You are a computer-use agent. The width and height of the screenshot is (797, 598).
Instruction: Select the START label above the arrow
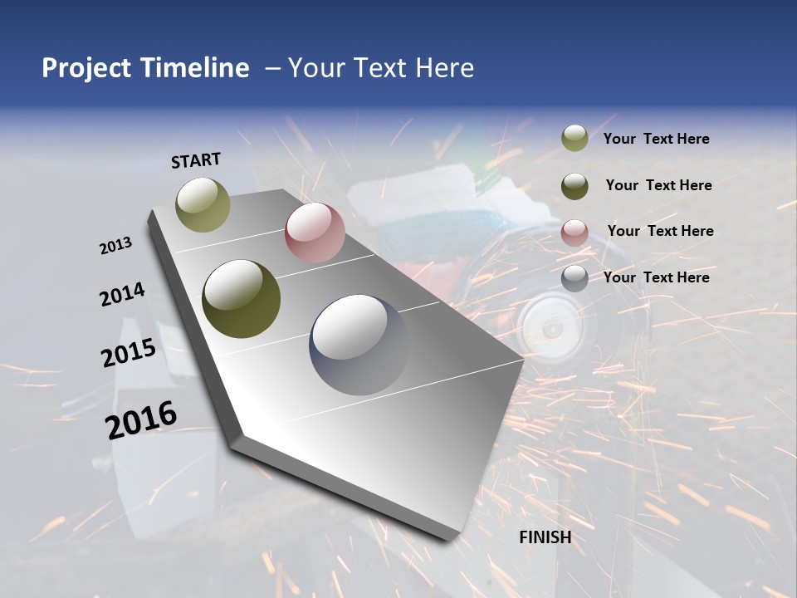[x=196, y=160]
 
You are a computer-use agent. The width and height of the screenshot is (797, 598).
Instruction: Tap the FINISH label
[x=545, y=537]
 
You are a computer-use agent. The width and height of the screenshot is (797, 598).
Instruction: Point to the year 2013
[x=115, y=246]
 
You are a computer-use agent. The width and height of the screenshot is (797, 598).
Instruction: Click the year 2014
[x=122, y=295]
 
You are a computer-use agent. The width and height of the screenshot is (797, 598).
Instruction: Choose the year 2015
[x=129, y=353]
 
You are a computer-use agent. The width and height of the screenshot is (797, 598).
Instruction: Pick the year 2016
[x=141, y=419]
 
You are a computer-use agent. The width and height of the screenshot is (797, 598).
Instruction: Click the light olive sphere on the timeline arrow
[x=203, y=204]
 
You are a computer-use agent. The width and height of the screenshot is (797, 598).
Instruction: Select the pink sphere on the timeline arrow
[x=315, y=233]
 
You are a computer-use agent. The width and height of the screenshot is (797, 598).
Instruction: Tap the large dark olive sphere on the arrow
[x=242, y=299]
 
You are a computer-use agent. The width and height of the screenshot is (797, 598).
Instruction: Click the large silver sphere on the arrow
[x=359, y=344]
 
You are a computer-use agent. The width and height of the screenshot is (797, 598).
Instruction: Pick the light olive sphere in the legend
[x=575, y=139]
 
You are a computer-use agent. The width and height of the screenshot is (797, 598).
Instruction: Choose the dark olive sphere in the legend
[x=575, y=185]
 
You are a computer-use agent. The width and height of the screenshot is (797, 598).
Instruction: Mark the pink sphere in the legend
[x=575, y=232]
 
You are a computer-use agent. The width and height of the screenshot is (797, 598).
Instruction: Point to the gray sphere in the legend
[x=575, y=278]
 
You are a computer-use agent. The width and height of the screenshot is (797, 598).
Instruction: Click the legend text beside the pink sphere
[x=660, y=231]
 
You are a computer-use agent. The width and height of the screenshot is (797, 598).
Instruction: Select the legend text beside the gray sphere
[x=656, y=277]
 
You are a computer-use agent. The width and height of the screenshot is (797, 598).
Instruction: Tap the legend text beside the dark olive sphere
[x=658, y=185]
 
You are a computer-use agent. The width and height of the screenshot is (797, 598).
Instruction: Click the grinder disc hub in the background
[x=549, y=330]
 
